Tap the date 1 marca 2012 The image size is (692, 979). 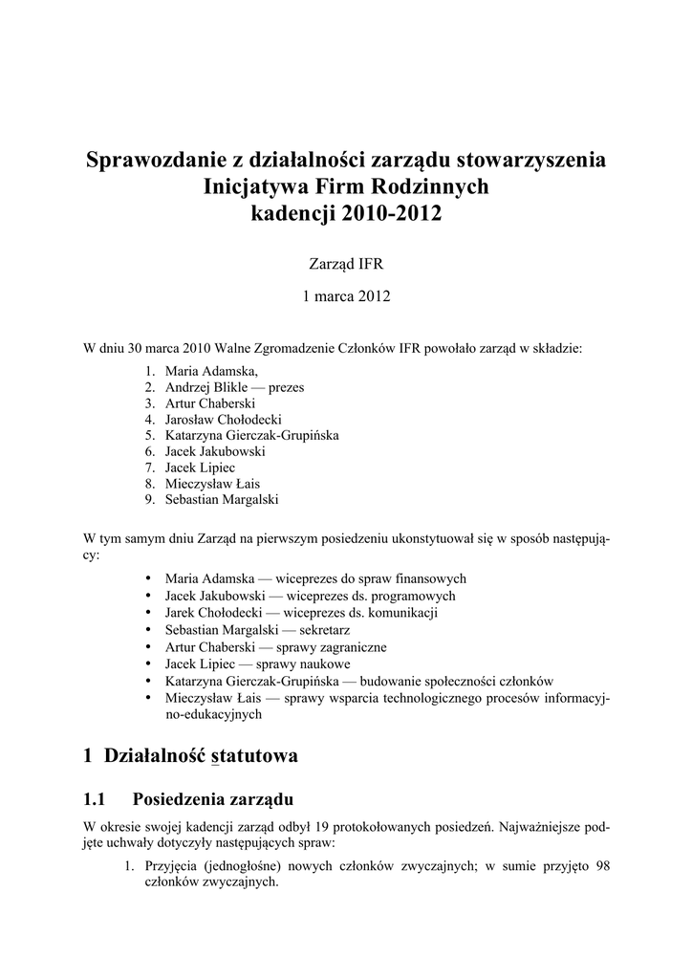point(346,296)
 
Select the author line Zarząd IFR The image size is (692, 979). point(346,262)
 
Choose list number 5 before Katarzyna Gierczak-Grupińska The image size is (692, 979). point(150,435)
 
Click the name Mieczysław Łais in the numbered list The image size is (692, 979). point(212,484)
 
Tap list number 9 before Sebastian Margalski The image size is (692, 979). point(150,500)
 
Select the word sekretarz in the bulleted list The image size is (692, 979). point(321,631)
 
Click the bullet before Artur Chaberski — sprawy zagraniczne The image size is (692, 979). point(148,647)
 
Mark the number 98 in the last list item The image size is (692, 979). point(601,866)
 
